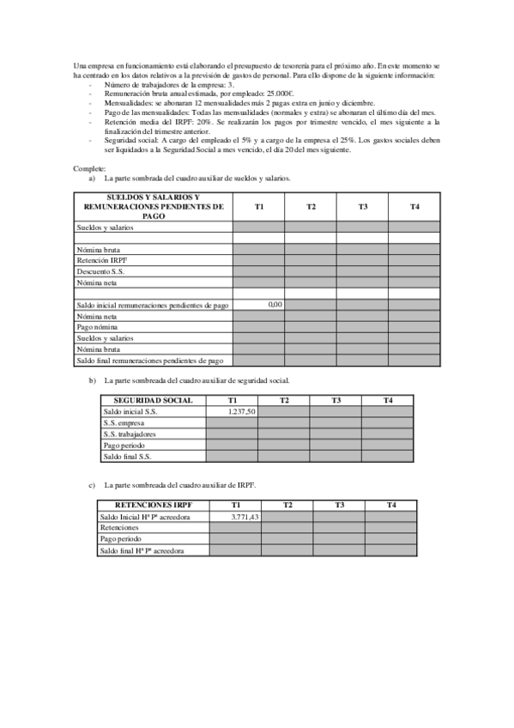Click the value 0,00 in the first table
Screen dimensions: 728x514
click(275, 304)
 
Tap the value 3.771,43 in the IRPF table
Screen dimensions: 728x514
click(245, 517)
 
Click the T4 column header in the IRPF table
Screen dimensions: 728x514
click(391, 506)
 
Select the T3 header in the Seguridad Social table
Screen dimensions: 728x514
click(336, 401)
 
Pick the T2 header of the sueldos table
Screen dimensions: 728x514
click(311, 207)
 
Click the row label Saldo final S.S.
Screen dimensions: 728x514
click(125, 457)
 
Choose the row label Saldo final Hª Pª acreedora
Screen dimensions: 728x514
click(142, 550)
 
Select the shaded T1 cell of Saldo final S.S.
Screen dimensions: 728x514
click(232, 457)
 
